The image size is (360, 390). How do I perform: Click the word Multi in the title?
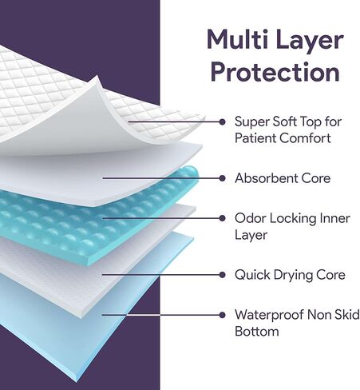click(x=237, y=40)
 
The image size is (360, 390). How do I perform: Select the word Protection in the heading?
click(x=275, y=72)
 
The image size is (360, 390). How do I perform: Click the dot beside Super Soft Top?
click(x=222, y=122)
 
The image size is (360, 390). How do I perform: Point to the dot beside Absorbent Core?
click(x=222, y=178)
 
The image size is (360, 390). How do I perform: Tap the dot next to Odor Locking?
click(x=222, y=218)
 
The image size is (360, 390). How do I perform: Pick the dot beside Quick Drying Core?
click(x=222, y=275)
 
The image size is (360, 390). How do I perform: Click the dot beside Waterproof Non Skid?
click(x=222, y=315)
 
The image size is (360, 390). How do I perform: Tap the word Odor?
click(x=251, y=218)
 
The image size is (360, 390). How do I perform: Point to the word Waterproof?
click(x=269, y=316)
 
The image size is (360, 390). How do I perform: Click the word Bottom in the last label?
click(x=257, y=332)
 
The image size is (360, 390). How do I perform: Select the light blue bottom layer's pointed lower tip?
click(x=76, y=382)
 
